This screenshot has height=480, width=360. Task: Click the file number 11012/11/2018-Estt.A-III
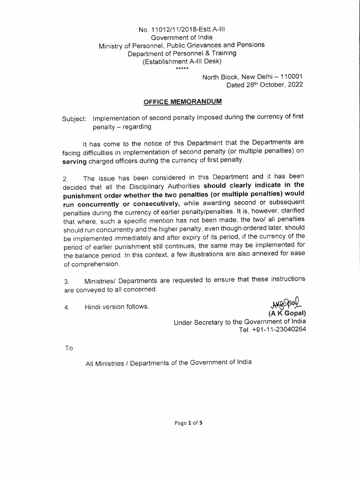[181, 29]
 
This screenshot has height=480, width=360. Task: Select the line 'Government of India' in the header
[181, 37]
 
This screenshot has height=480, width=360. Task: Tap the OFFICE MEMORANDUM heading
[182, 101]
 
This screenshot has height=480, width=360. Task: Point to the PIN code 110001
[291, 77]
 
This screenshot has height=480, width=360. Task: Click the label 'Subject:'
[75, 119]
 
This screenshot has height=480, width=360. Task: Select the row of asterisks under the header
[182, 69]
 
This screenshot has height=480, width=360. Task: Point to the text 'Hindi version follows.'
[117, 307]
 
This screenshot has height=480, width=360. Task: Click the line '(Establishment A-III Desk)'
[182, 61]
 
